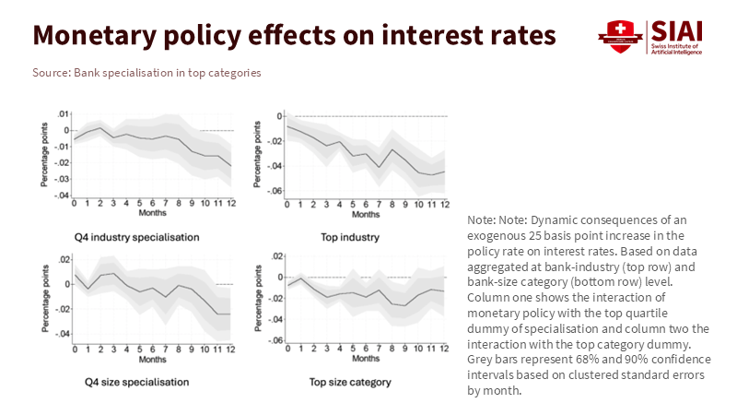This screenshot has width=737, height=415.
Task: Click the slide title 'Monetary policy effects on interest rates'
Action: (x=294, y=35)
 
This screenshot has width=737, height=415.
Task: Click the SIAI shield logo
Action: (x=619, y=36)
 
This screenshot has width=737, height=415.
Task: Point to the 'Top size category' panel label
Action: (x=350, y=382)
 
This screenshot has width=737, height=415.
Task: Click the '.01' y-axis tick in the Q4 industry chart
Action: (x=63, y=114)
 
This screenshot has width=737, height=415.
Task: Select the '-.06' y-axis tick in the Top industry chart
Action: (x=274, y=191)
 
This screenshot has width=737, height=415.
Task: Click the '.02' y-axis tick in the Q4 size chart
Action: (x=63, y=262)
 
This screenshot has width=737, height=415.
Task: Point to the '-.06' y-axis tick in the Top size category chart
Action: (x=274, y=341)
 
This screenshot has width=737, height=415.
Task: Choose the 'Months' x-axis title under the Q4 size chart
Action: (x=153, y=359)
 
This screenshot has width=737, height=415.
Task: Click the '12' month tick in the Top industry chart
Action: (x=444, y=203)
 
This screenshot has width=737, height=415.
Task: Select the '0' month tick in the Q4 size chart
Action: (x=75, y=348)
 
